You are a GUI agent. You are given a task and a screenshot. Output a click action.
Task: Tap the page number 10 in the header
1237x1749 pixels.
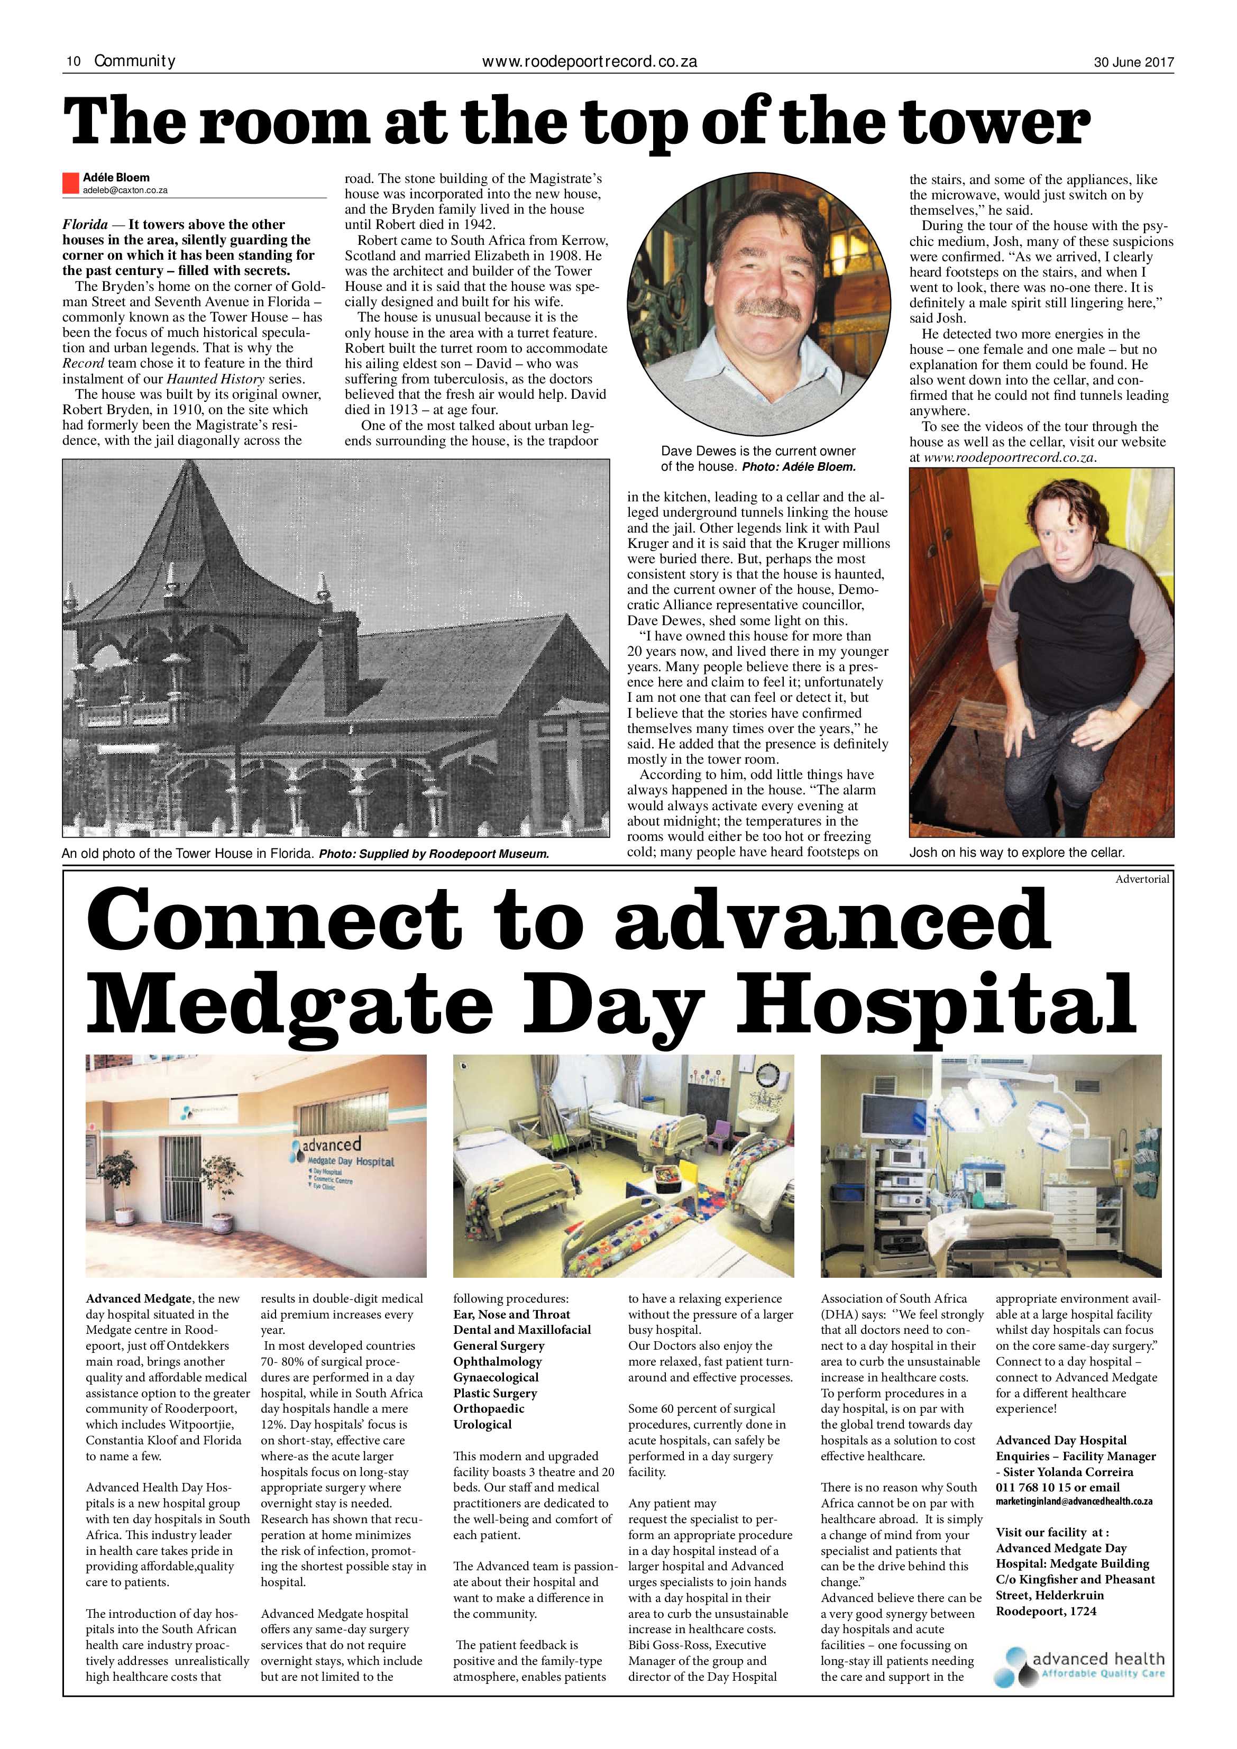(74, 62)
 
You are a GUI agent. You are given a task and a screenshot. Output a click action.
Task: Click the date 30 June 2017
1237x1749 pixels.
(1133, 62)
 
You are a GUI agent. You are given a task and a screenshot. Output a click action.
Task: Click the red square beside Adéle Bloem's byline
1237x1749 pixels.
(70, 183)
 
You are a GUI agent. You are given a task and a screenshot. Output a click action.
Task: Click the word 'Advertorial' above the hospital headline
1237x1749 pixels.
(1141, 879)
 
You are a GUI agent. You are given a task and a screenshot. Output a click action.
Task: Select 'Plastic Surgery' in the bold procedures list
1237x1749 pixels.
(495, 1393)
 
